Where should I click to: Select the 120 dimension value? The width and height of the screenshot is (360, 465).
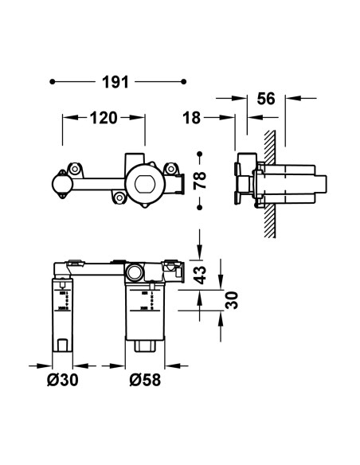(104, 118)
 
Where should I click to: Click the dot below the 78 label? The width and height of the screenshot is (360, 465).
(201, 206)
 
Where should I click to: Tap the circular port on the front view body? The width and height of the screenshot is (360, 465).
(135, 272)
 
